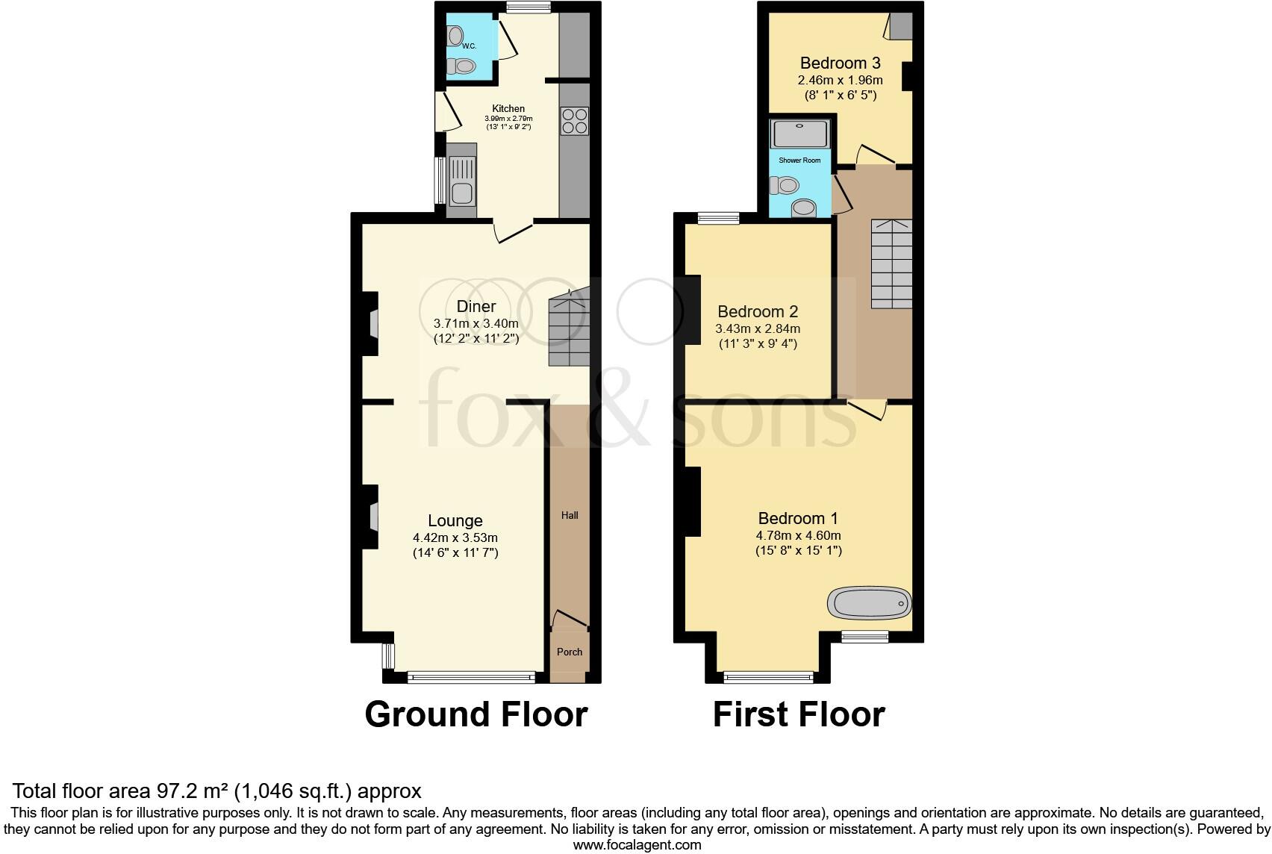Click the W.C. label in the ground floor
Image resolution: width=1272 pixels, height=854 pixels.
469,46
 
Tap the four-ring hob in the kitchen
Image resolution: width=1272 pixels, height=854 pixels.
575,121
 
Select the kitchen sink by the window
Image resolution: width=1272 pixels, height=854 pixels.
462,182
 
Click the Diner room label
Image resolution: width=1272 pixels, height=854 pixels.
476,307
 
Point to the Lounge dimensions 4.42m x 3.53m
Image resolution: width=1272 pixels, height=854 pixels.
455,537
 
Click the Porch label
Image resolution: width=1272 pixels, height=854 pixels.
570,652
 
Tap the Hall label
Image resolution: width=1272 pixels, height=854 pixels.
570,515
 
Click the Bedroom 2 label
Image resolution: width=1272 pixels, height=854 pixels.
758,311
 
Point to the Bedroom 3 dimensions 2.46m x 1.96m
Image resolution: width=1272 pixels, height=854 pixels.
841,81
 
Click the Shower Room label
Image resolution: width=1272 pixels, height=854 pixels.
799,160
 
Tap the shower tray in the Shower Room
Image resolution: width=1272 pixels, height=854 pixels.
800,134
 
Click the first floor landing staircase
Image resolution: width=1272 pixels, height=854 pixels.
891,264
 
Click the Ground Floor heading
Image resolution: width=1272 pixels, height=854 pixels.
476,714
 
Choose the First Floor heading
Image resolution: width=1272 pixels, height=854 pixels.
799,714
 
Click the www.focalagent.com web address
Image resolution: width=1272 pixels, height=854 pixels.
637,845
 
